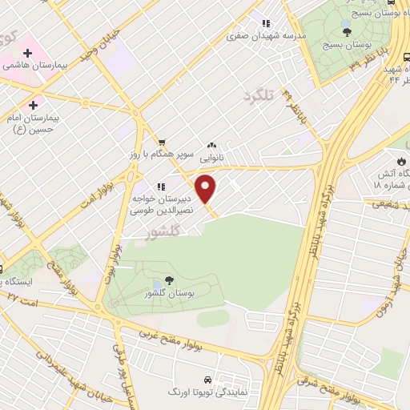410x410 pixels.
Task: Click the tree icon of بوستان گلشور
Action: pyautogui.click(x=169, y=281)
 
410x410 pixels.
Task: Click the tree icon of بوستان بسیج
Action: pyautogui.click(x=346, y=32)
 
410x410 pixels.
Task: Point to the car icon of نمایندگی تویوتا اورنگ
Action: pyautogui.click(x=207, y=378)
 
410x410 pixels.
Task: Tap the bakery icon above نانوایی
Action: pyautogui.click(x=211, y=145)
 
